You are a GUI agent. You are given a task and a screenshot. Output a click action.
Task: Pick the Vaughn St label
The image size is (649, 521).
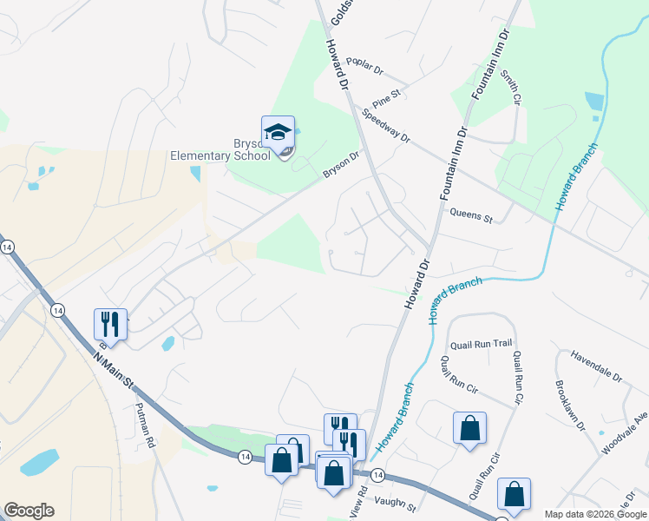(396, 503)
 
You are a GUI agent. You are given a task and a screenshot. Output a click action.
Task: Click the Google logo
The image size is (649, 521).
(29, 511)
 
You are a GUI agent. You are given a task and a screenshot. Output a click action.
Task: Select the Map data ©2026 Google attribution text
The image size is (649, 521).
(595, 514)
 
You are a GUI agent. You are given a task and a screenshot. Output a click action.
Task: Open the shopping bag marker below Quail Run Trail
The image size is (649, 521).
(469, 428)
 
